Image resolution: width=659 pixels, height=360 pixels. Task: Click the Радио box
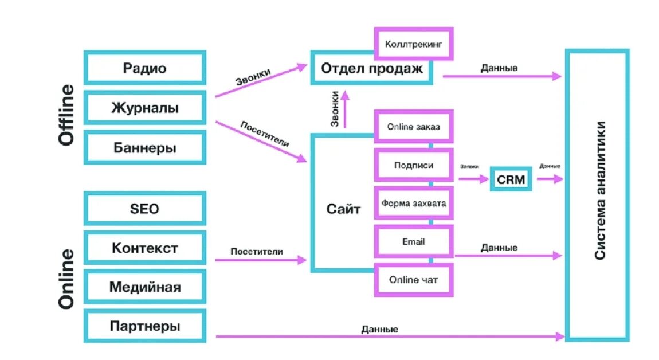(x=144, y=68)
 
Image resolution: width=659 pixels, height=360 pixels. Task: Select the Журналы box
(x=144, y=108)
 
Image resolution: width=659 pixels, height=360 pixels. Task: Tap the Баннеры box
(x=144, y=148)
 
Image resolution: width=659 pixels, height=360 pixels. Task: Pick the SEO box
(x=144, y=209)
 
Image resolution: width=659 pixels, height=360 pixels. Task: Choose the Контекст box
(x=144, y=248)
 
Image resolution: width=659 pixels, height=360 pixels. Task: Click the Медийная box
(x=144, y=287)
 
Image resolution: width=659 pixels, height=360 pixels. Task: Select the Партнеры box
(x=144, y=327)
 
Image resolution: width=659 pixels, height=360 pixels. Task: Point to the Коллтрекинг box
(x=414, y=43)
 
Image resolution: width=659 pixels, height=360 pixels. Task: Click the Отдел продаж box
(x=371, y=69)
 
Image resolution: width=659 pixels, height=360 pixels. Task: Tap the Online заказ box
(x=414, y=127)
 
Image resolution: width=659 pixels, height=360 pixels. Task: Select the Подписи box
(x=414, y=165)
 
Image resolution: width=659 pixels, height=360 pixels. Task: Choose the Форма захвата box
(x=414, y=203)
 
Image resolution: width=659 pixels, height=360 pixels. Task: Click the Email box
(x=414, y=241)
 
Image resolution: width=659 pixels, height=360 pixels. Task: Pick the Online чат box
(x=414, y=280)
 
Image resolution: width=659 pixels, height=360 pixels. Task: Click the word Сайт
(x=344, y=209)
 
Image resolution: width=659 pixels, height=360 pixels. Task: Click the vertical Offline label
(x=66, y=115)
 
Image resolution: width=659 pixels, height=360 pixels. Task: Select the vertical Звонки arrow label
(x=337, y=110)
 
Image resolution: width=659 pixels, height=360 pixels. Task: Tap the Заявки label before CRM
(x=469, y=166)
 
